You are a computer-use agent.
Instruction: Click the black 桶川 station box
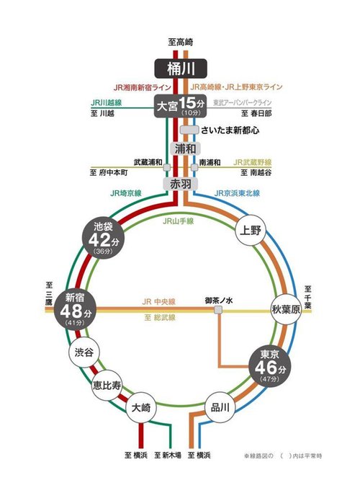[x=180, y=68]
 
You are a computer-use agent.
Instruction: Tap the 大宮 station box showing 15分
[x=180, y=107]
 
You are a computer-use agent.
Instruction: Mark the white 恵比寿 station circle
[x=107, y=383]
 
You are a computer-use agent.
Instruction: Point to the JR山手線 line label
[x=179, y=221]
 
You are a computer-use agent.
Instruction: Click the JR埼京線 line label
[x=126, y=194]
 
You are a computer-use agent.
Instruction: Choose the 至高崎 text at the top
[x=180, y=43]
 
